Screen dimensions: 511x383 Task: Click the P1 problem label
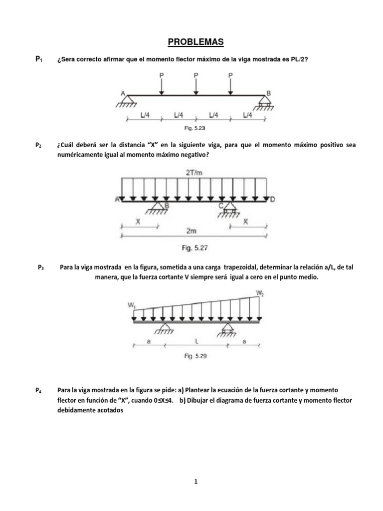(38, 59)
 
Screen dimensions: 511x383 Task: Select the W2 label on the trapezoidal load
(260, 293)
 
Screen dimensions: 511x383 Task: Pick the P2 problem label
(38, 146)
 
